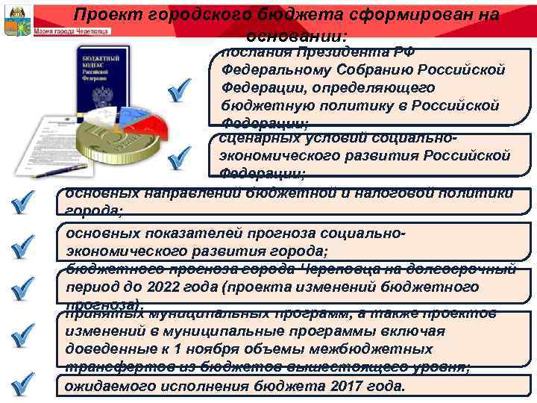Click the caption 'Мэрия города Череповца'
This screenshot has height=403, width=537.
[72, 31]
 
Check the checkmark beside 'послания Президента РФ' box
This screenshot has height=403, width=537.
[183, 94]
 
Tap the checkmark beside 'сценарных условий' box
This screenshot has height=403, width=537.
[183, 156]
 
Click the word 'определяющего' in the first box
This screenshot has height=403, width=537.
[368, 87]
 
